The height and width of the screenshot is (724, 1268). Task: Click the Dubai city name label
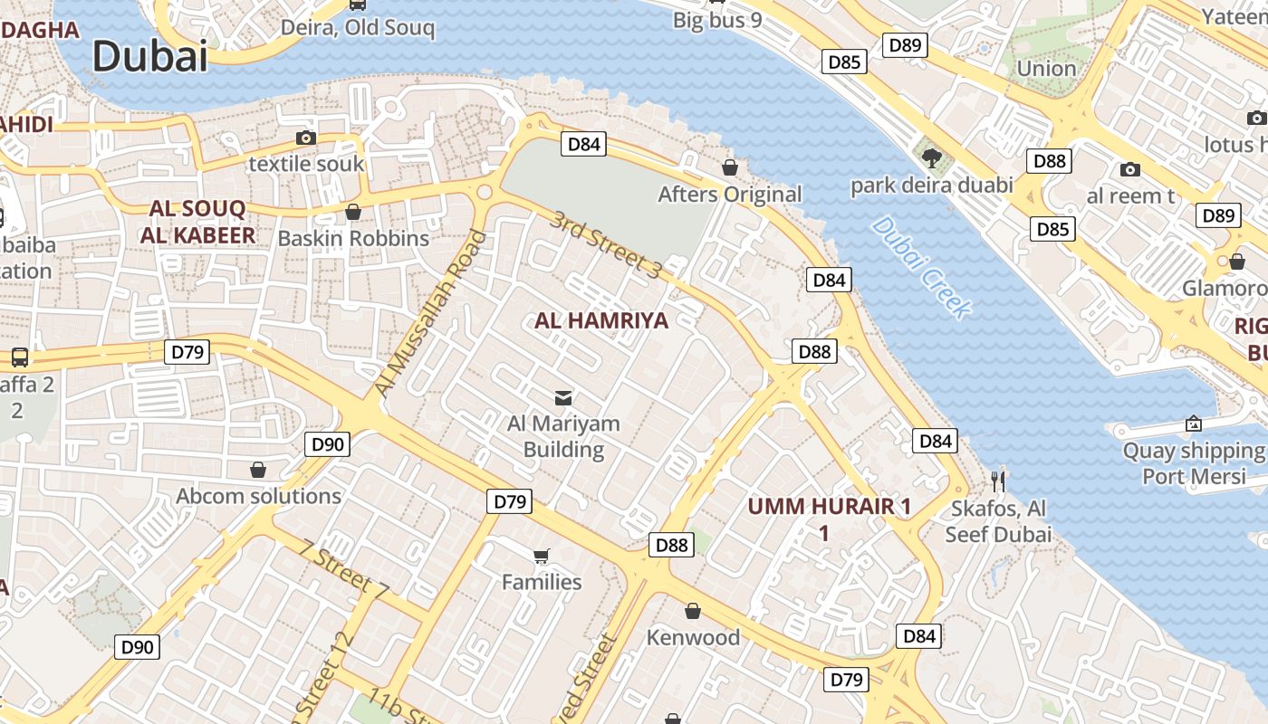[x=150, y=56]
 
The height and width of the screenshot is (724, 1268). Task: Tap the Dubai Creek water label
[x=921, y=267]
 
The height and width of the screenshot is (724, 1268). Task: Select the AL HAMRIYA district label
[x=601, y=320]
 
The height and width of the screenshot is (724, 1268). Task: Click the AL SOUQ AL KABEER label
[x=197, y=223]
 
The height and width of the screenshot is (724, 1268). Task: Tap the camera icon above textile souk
[x=306, y=138]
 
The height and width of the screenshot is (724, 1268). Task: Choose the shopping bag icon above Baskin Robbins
[x=353, y=212]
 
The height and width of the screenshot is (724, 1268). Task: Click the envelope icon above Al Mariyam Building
[x=563, y=397]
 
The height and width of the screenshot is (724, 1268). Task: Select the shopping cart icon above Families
[x=542, y=556]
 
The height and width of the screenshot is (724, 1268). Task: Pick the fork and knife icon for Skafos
[x=998, y=481]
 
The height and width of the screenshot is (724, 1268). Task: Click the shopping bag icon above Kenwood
[x=693, y=611]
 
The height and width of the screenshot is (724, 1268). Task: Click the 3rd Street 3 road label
[x=608, y=243]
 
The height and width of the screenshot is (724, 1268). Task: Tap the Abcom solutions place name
[x=259, y=496]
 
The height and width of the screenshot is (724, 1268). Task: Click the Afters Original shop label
[x=730, y=195]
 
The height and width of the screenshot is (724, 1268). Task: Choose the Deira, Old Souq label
[x=358, y=28]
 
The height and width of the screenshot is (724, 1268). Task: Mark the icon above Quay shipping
[x=1194, y=424]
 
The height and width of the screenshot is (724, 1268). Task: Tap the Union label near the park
[x=1046, y=69]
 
